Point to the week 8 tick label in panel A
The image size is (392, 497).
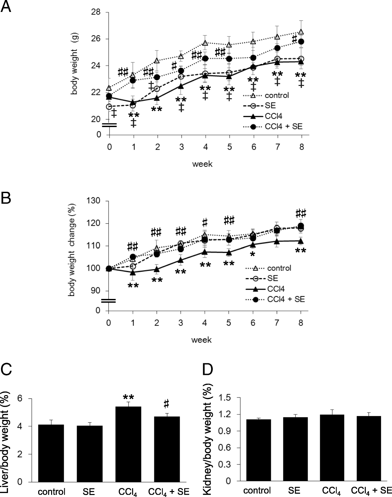click(301, 147)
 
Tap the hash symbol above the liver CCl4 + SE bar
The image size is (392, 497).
click(166, 404)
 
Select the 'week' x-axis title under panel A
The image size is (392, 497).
click(202, 164)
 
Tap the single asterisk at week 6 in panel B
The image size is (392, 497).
click(253, 255)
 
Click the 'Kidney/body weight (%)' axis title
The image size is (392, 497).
click(208, 440)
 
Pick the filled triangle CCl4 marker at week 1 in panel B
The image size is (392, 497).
click(133, 272)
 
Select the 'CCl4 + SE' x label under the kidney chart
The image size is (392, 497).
click(371, 490)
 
